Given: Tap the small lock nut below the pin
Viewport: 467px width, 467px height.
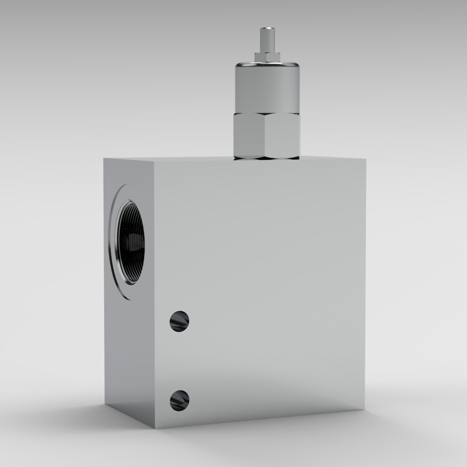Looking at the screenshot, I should [267, 56].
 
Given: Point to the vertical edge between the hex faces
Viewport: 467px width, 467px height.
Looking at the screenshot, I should [265, 136].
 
